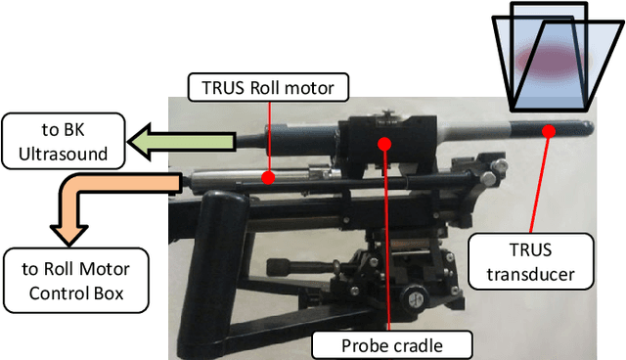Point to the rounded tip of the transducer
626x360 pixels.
click(x=589, y=128)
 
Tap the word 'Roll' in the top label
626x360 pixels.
click(x=266, y=89)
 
